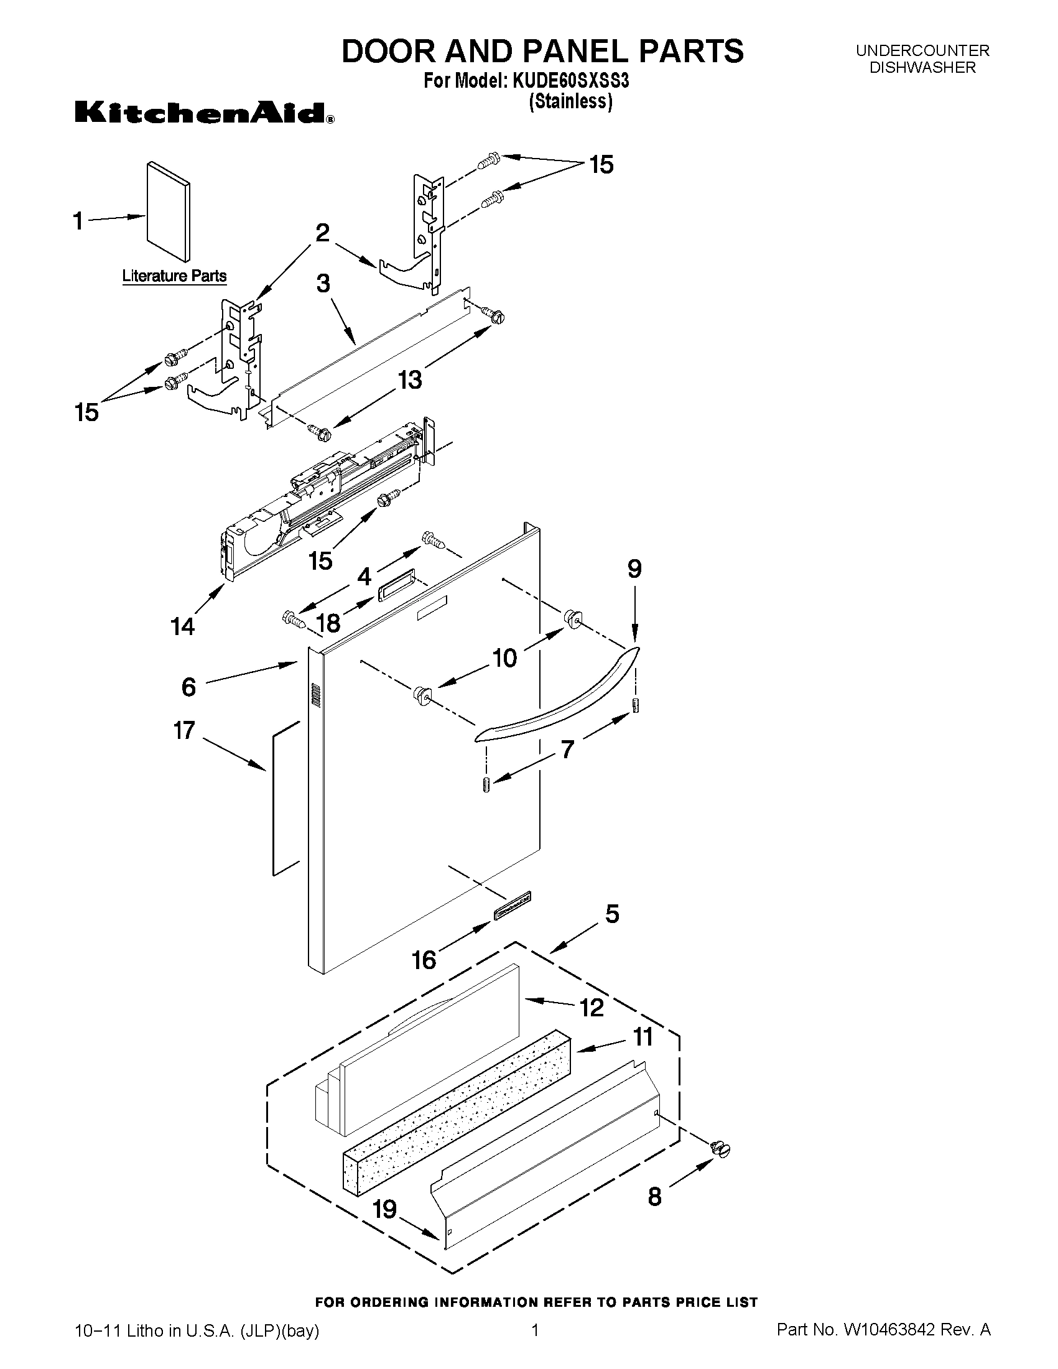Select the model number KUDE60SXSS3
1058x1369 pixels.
pos(571,81)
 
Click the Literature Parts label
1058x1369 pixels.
pos(174,276)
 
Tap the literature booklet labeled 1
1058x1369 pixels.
pos(168,211)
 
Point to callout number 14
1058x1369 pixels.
pos(182,626)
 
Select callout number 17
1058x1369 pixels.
pos(184,730)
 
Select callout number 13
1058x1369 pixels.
pos(410,379)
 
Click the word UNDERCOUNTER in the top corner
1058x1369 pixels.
pos(922,51)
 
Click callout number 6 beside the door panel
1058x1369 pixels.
pos(188,687)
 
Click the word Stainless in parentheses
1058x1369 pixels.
pos(570,101)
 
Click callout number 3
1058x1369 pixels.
pos(323,284)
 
